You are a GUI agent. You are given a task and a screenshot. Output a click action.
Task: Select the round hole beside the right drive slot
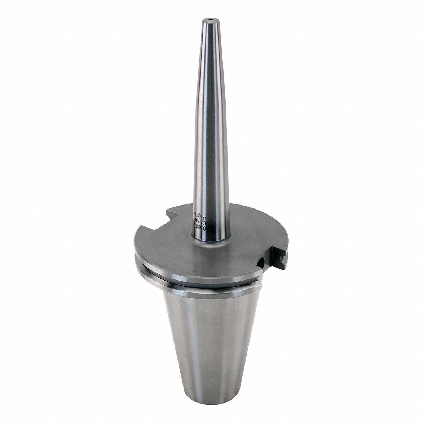[x=263, y=261]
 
